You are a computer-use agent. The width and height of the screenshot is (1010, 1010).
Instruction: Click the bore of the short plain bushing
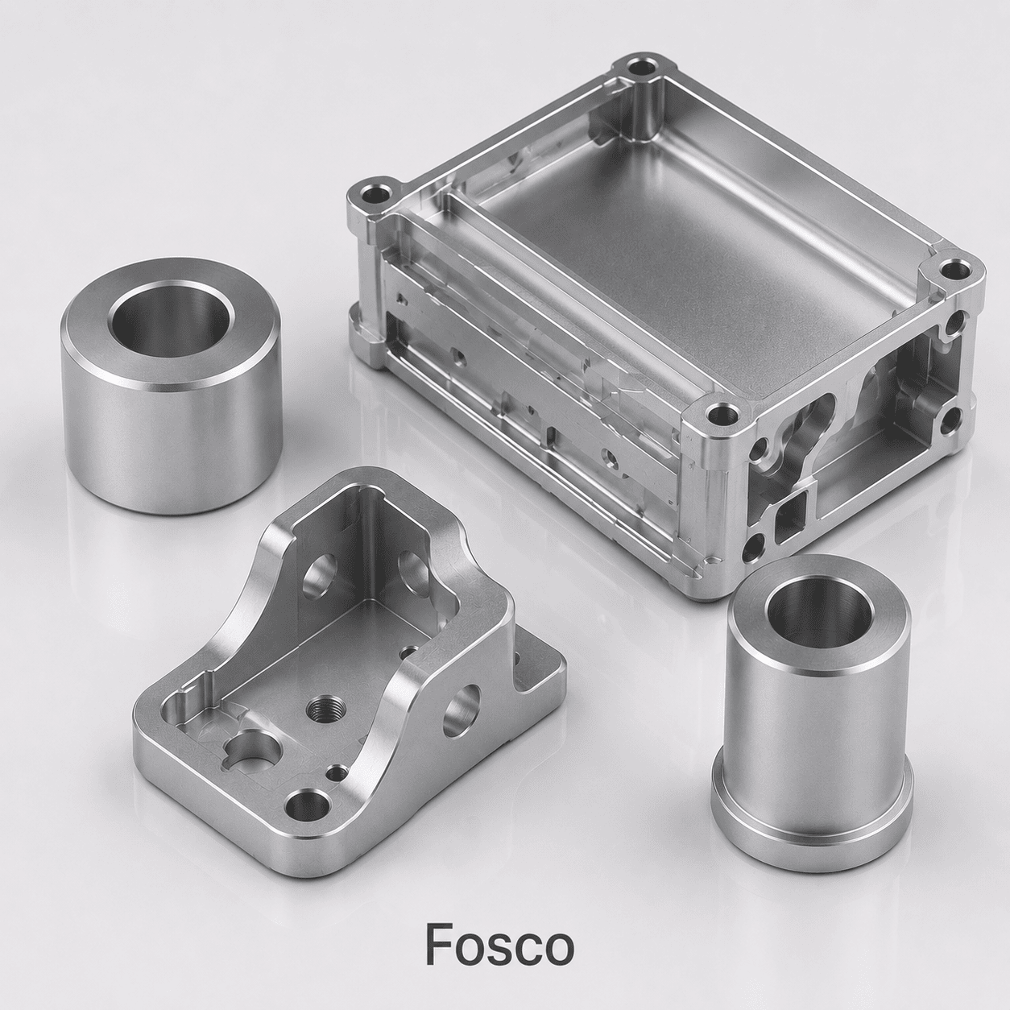click(x=171, y=319)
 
